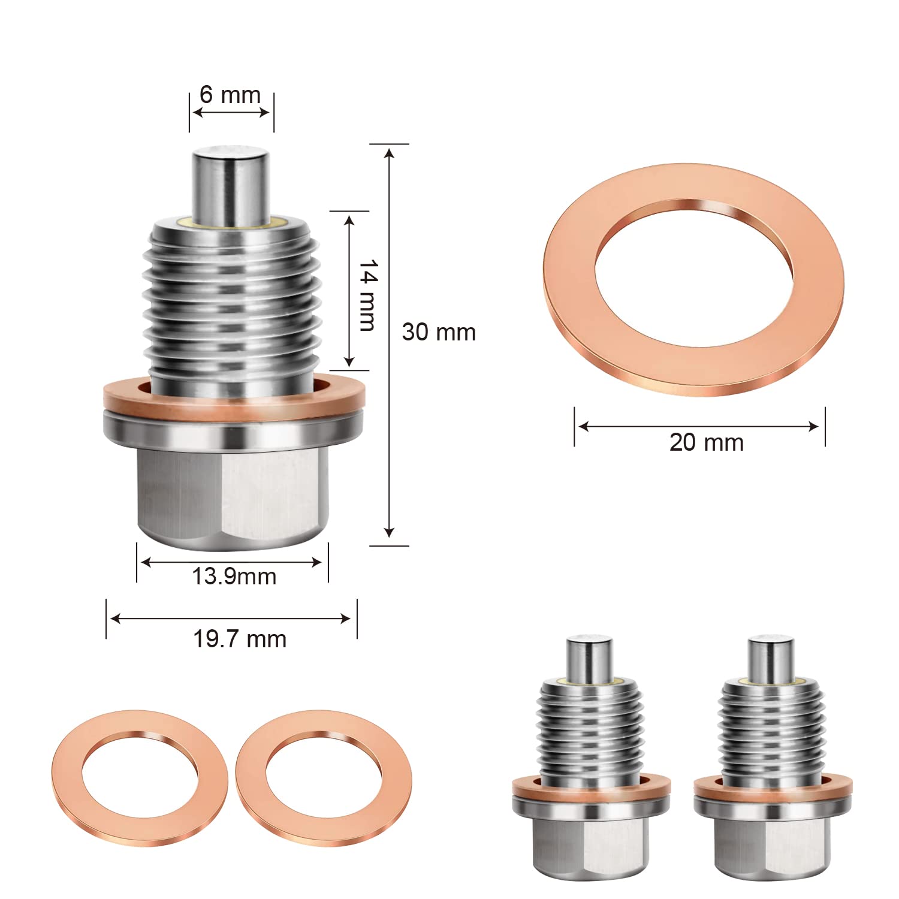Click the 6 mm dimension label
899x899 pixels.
(230, 95)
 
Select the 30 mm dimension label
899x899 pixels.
(438, 332)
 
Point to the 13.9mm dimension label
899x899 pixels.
(234, 577)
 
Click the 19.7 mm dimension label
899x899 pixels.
(239, 639)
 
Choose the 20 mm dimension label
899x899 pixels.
(706, 443)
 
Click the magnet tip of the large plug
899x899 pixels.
(230, 183)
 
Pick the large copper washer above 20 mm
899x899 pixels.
(693, 279)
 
